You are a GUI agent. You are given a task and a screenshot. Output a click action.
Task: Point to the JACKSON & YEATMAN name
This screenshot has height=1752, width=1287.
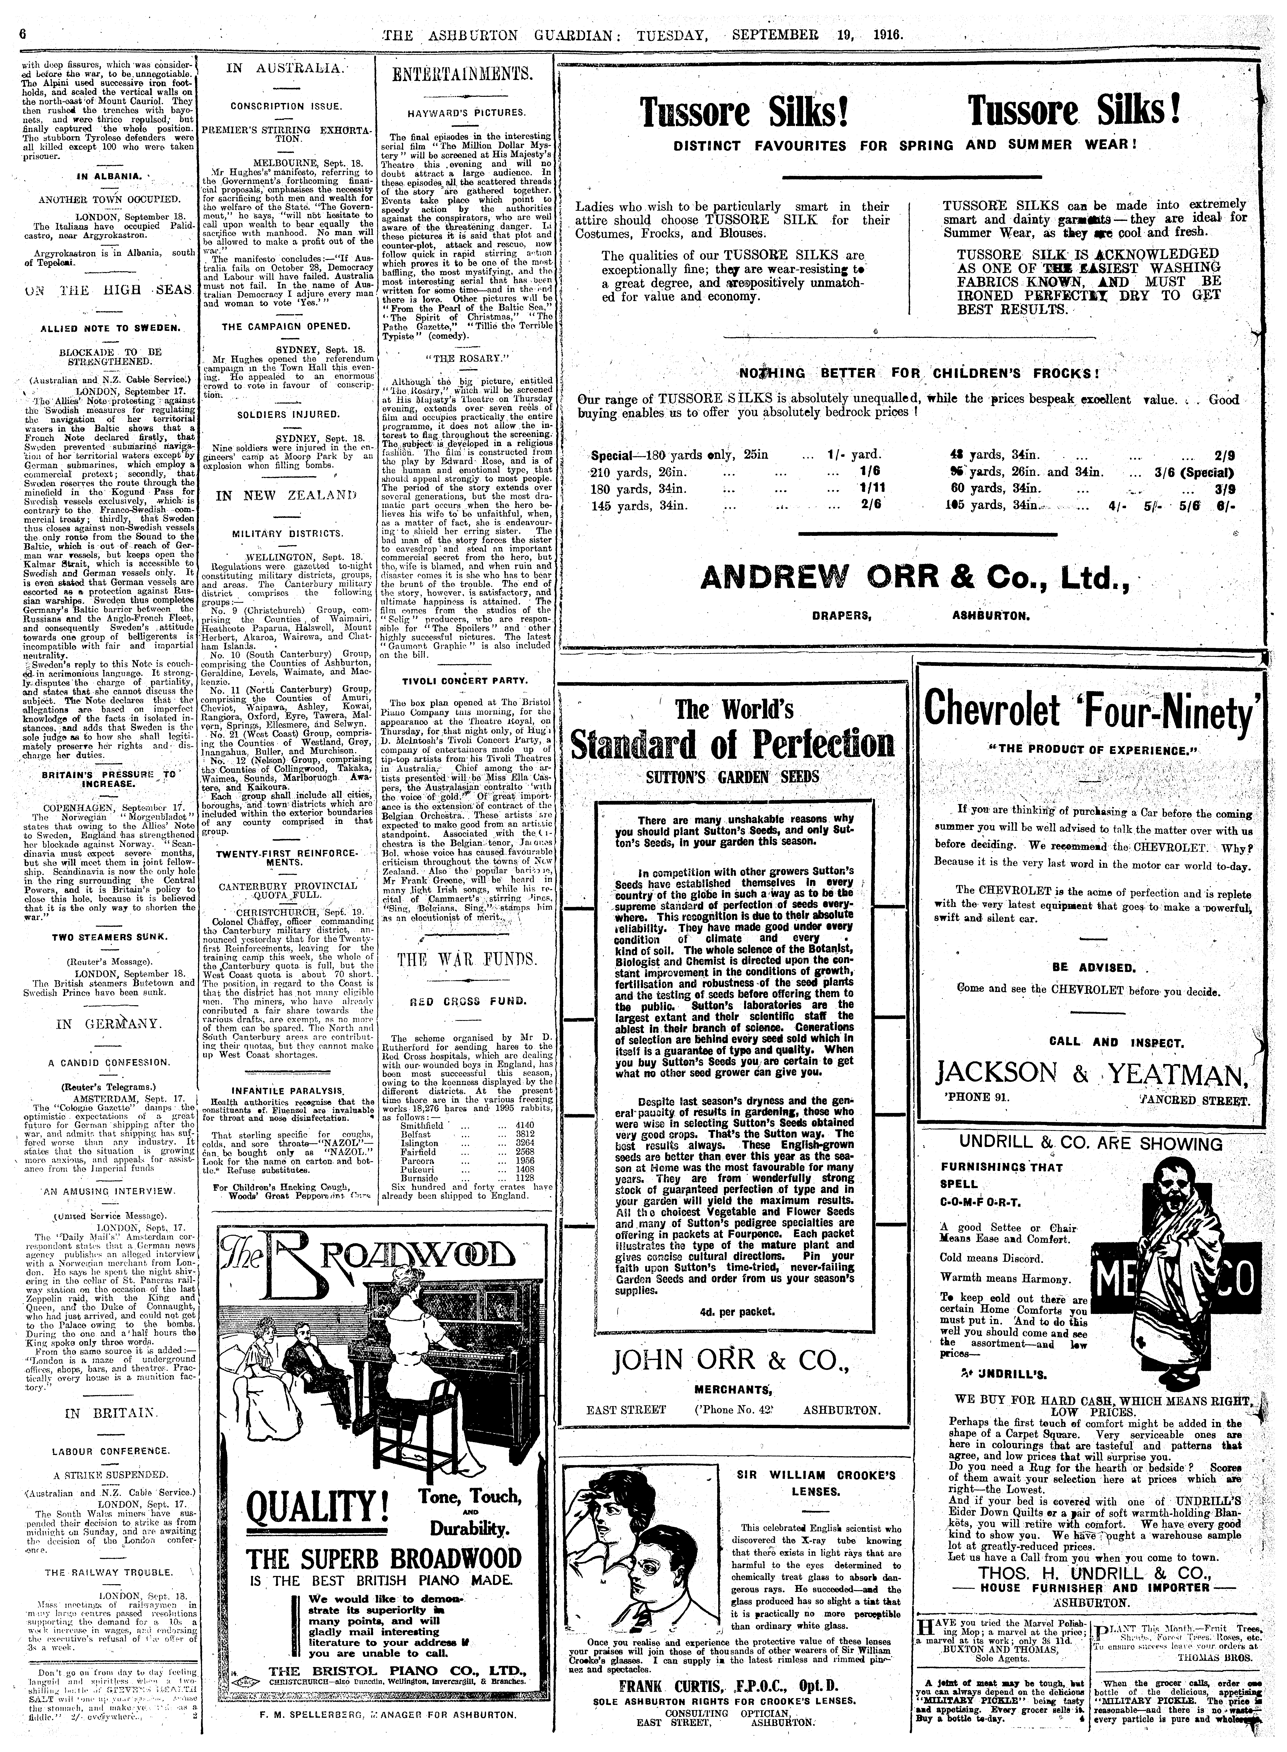pos(1091,1076)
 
